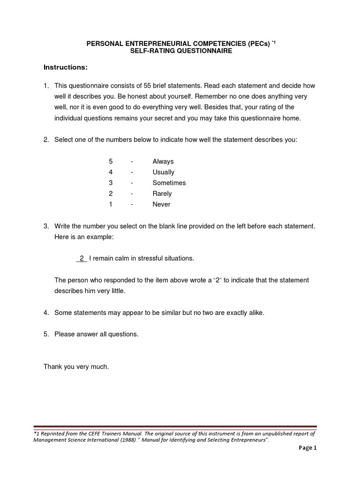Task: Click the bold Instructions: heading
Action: pos(66,67)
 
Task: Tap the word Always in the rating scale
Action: pos(163,161)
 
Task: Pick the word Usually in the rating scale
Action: pos(163,172)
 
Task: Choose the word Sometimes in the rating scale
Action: pos(169,183)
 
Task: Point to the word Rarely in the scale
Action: pos(162,194)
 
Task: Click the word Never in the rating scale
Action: pos(161,204)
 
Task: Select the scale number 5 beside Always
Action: pos(111,161)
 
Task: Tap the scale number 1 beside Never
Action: pos(111,204)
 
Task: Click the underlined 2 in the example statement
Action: pos(82,258)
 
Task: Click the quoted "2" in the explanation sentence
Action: pos(217,280)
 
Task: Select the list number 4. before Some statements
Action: pos(46,313)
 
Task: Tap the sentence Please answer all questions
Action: pos(97,334)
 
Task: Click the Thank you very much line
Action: pos(76,367)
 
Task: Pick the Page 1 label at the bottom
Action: pos(308,448)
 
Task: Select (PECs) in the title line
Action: pos(257,44)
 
